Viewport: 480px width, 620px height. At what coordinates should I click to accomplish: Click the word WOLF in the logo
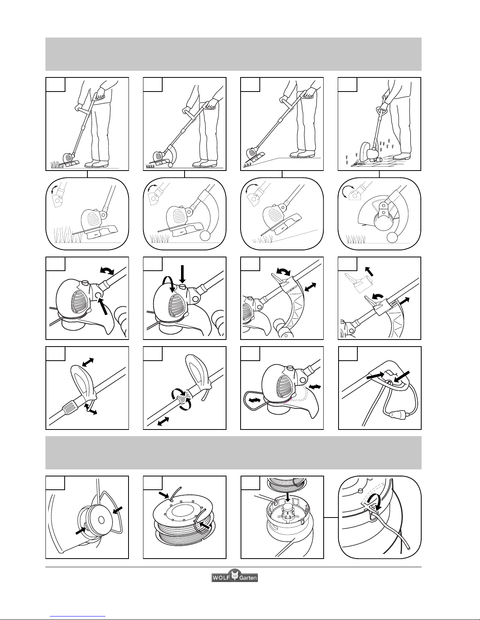221,578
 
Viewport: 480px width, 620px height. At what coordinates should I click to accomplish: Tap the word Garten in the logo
248,578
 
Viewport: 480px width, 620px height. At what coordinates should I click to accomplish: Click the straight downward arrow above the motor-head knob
183,274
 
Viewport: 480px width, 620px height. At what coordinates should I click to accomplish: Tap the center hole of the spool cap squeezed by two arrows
101,521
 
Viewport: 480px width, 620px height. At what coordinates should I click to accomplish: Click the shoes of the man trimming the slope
302,155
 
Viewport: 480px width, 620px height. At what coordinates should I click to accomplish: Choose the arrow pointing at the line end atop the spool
164,494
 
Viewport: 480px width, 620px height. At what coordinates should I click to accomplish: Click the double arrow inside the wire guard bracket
254,401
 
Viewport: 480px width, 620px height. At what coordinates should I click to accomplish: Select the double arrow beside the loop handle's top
88,362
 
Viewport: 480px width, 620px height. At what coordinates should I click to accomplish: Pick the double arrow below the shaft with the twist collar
163,421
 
